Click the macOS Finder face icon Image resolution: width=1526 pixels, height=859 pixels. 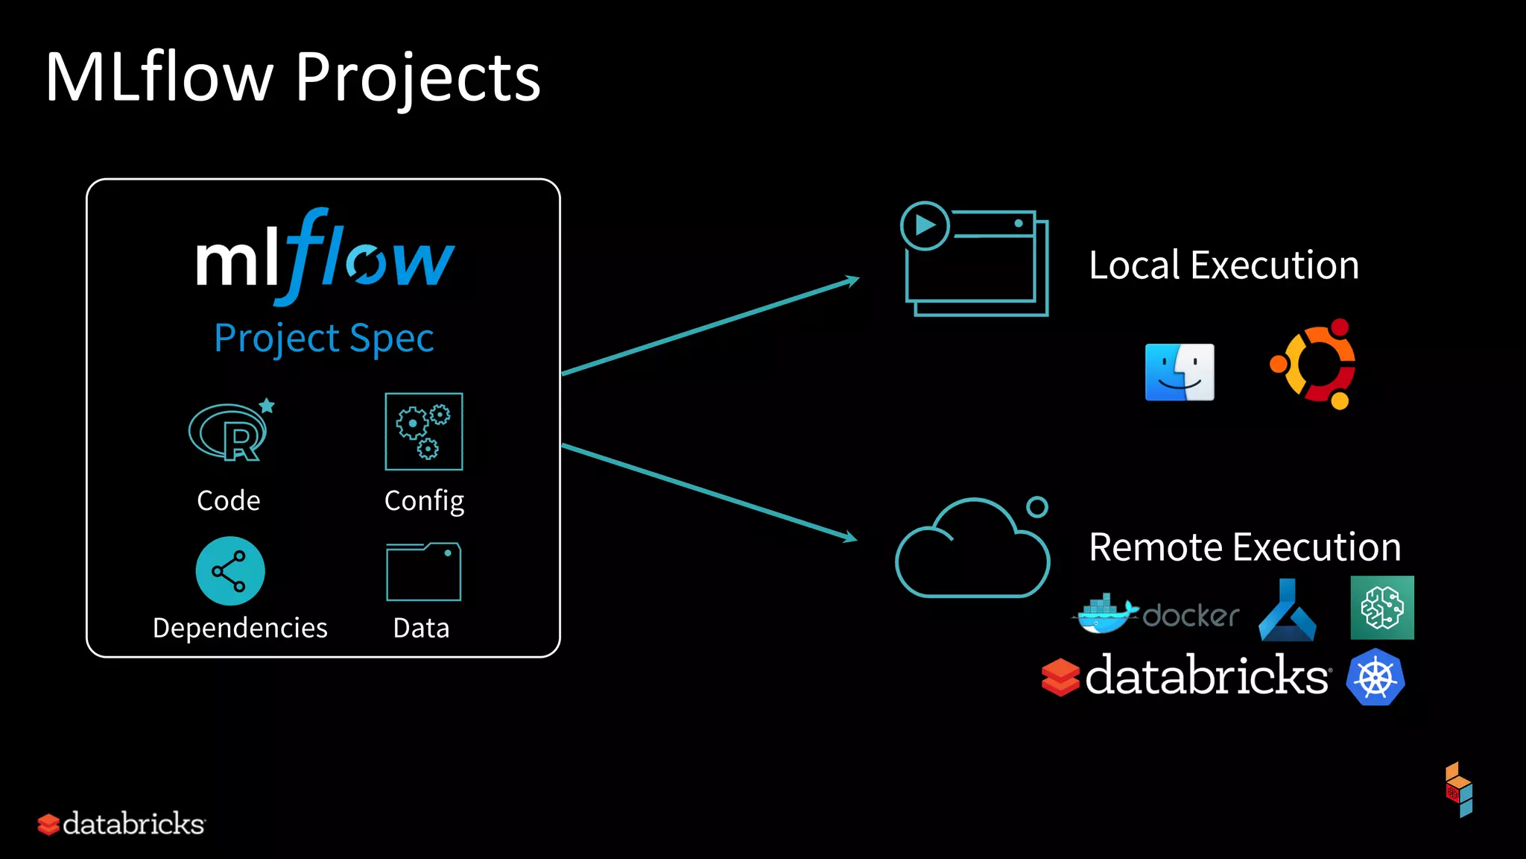point(1180,372)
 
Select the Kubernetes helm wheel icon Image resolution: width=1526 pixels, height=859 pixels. point(1375,678)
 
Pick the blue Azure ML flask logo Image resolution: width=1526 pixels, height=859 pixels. point(1287,611)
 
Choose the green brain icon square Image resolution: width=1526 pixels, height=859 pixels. point(1382,608)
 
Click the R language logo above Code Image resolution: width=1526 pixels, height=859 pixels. point(229,432)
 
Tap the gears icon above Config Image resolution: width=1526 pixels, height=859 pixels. point(423,432)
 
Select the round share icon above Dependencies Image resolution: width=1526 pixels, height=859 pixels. point(229,571)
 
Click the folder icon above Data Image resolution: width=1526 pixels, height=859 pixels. point(423,572)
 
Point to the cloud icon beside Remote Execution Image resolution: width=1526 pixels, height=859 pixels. point(972,552)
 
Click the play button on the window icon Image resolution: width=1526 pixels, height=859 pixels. point(925,225)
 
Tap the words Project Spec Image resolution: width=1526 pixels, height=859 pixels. point(323,338)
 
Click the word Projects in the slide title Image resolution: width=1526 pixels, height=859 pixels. point(417,78)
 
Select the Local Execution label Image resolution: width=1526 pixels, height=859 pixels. point(1223,265)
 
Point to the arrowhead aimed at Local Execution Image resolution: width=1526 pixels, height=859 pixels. point(852,281)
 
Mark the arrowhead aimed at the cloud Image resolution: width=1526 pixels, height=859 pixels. point(849,537)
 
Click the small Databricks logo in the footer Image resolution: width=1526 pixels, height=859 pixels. point(121,824)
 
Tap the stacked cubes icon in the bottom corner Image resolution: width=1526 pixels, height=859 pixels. point(1459,790)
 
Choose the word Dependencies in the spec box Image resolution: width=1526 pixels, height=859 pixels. point(240,628)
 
